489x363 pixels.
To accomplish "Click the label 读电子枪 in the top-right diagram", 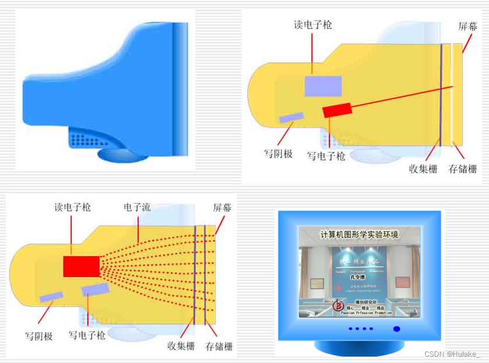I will (313, 25).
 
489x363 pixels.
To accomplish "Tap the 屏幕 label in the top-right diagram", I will (467, 27).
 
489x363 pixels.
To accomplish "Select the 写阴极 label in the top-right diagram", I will (278, 154).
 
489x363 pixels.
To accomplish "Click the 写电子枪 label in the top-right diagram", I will (326, 156).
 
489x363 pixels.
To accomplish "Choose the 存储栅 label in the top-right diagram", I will (463, 170).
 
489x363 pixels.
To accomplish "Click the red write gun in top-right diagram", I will (337, 110).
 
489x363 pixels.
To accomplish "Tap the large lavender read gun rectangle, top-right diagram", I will (323, 86).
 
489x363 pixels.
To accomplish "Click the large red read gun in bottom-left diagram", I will (81, 266).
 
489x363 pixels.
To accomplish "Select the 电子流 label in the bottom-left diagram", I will (137, 208).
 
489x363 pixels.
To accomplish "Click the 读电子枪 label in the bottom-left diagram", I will (73, 208).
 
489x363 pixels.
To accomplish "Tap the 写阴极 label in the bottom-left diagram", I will (39, 336).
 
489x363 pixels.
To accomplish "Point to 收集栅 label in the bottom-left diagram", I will (181, 346).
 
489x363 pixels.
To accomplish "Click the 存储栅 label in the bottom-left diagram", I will (219, 346).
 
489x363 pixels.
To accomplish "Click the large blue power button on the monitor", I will (397, 329).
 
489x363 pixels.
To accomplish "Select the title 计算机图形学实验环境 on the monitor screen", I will (359, 235).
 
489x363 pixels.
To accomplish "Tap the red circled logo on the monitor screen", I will (337, 305).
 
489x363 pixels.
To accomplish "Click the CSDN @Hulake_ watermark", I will (452, 354).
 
